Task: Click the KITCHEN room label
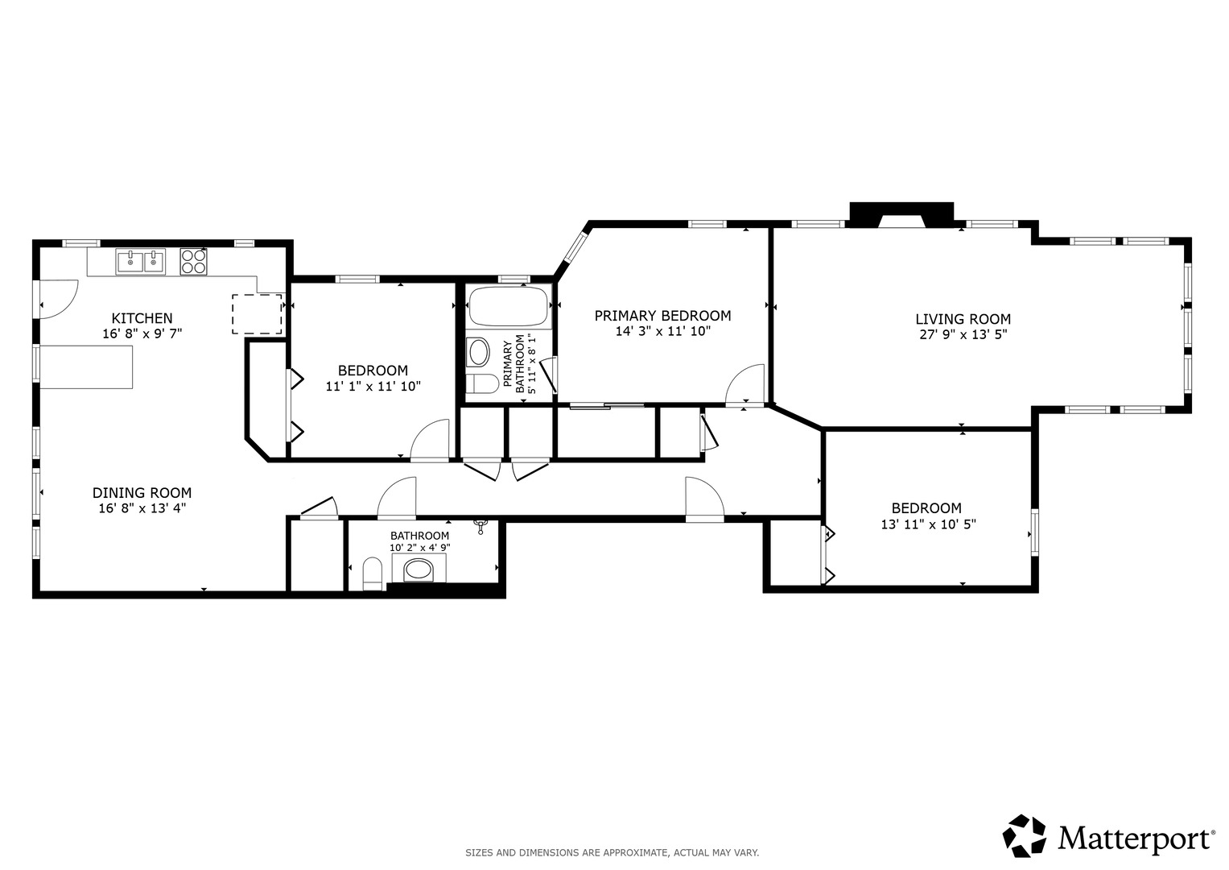(x=142, y=318)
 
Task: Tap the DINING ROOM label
(x=142, y=493)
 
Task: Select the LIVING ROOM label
(x=963, y=319)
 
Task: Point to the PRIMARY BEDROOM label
(x=662, y=316)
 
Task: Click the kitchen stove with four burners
(x=194, y=262)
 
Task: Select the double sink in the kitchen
(x=141, y=262)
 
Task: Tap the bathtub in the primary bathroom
(x=509, y=307)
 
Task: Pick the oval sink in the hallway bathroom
(x=419, y=570)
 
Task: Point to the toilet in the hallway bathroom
(x=373, y=573)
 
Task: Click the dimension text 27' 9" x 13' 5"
(x=963, y=334)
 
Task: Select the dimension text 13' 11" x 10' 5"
(x=928, y=524)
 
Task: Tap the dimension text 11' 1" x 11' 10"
(x=373, y=386)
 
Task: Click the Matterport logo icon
(x=1025, y=836)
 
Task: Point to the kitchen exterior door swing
(x=59, y=300)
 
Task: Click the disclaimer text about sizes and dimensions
(x=612, y=853)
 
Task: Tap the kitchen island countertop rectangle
(x=86, y=367)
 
